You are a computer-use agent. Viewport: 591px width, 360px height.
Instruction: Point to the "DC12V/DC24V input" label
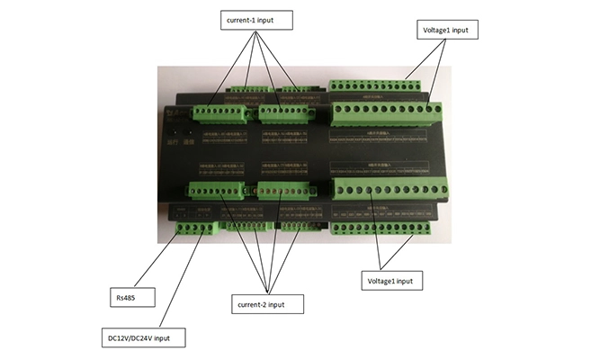(x=146, y=338)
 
